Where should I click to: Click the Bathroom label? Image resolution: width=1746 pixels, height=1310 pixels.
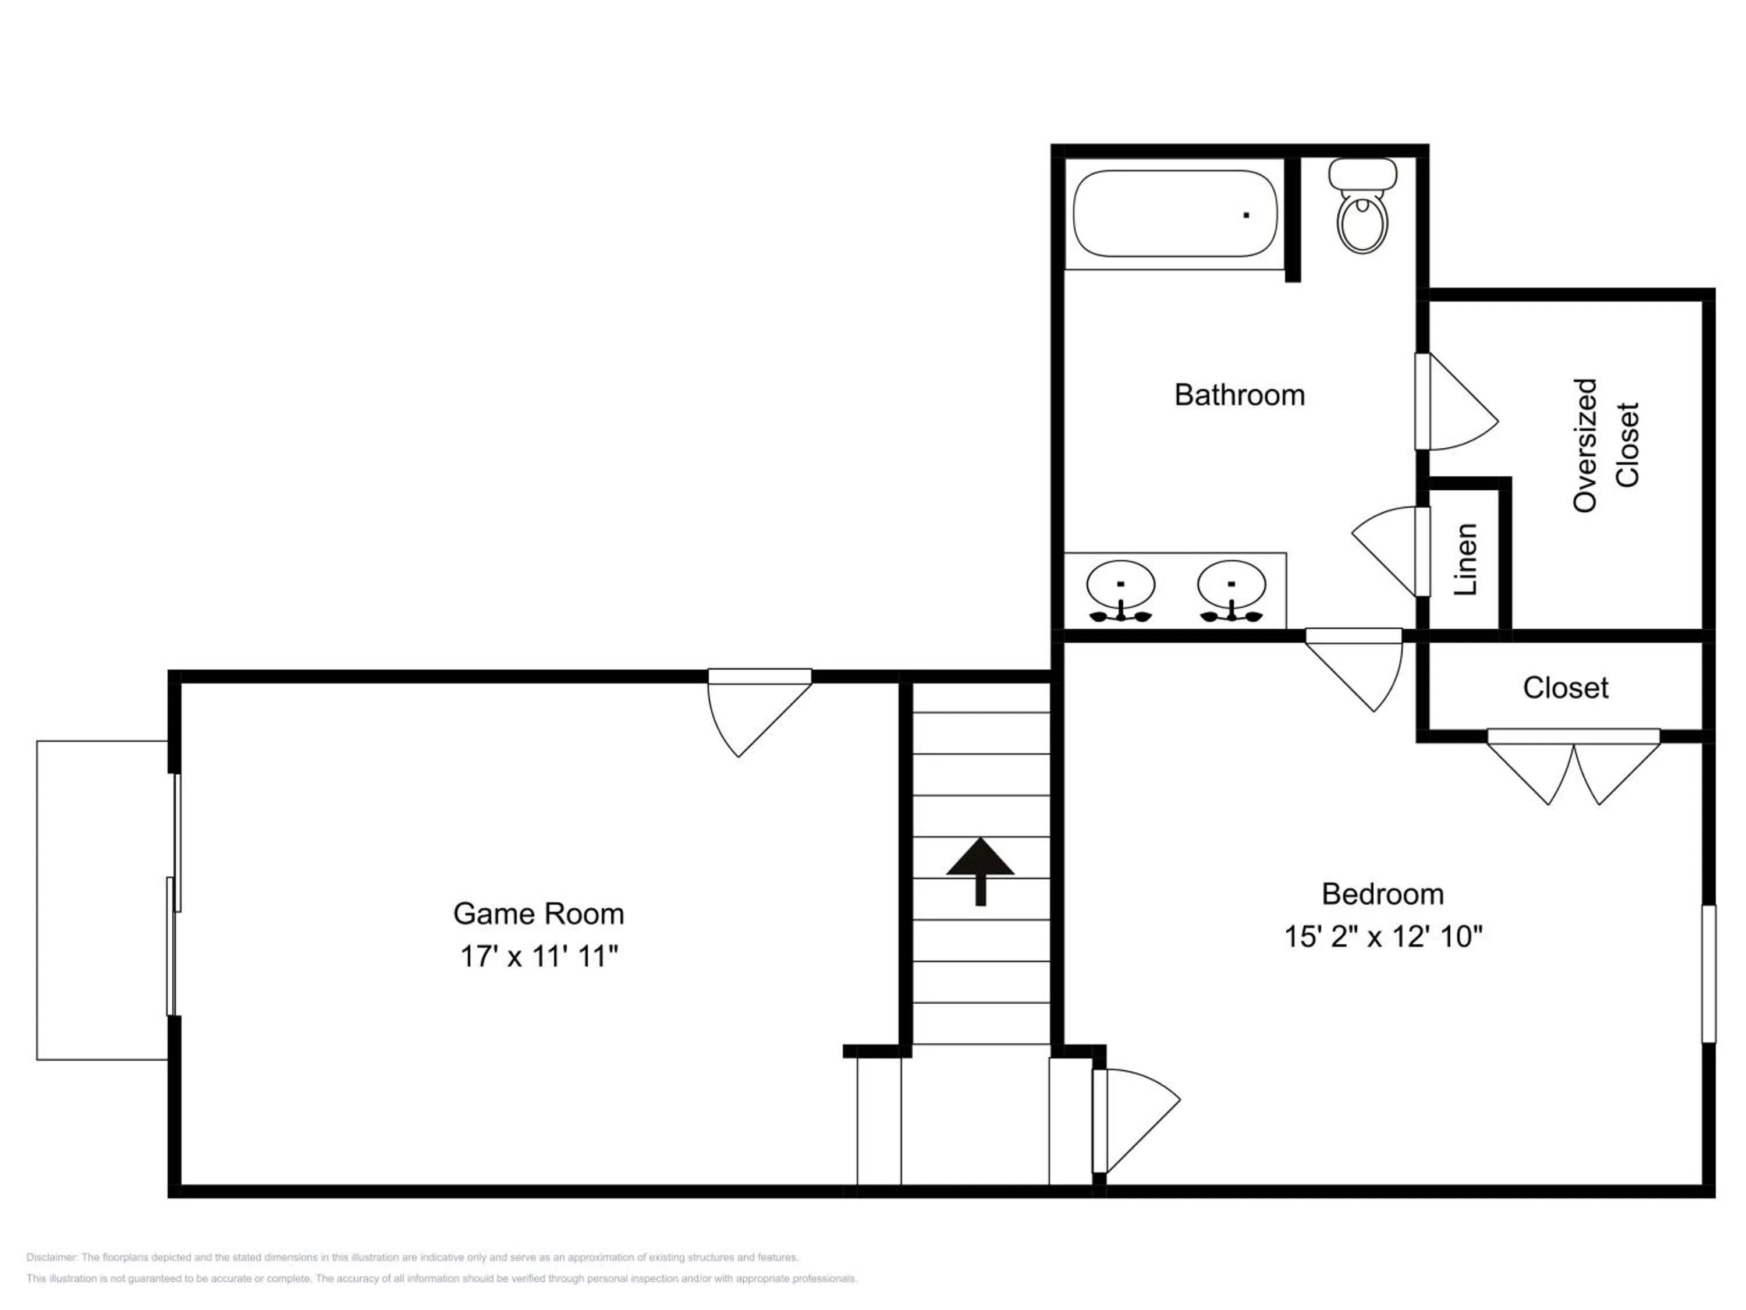1239,395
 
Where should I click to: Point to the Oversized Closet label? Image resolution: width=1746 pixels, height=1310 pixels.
1606,445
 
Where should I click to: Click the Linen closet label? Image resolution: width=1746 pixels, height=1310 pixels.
1466,559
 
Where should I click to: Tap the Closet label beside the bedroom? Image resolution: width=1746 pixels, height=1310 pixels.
1565,688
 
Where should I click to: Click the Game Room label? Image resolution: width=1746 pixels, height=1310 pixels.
538,914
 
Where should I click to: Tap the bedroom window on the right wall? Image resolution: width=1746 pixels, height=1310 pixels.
1709,973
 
